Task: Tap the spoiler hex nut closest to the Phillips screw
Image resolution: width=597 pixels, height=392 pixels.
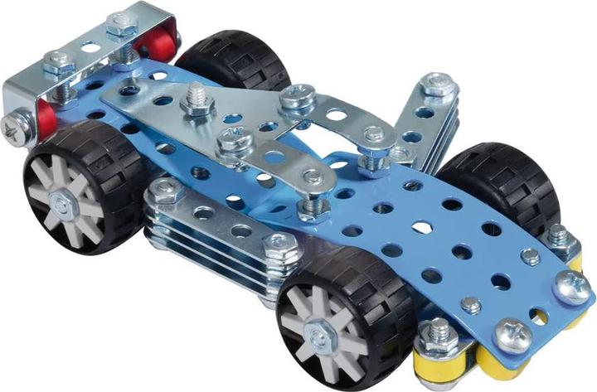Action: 61,63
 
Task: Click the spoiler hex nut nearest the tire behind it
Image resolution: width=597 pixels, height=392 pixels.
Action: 123,25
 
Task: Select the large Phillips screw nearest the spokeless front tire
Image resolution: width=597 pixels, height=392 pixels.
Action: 571,287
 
